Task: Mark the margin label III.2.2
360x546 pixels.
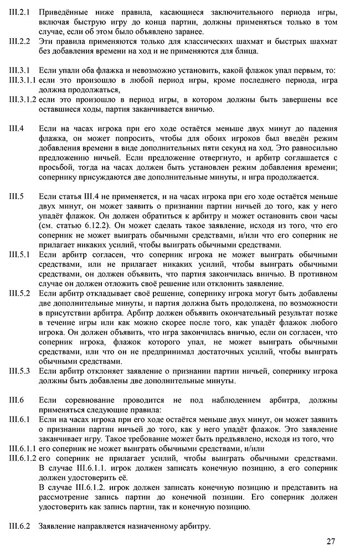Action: [x=19, y=41]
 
